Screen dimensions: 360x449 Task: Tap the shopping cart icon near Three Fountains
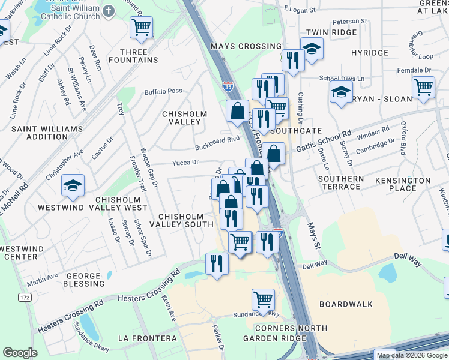141,26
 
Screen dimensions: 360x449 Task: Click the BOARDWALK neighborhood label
342,304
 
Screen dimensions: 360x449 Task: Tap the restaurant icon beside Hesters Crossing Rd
216,263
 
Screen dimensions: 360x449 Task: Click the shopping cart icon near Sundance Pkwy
263,298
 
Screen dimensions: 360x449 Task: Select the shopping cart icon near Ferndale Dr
423,88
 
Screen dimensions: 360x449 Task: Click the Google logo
20,353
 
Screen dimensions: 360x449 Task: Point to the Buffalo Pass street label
163,91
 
